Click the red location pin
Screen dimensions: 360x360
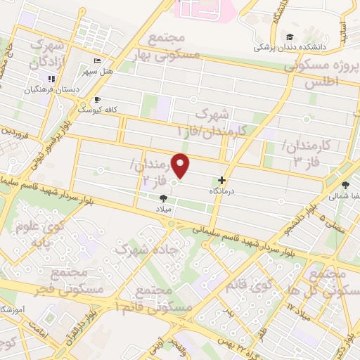point(181,165)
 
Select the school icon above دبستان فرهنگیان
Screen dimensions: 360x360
point(51,79)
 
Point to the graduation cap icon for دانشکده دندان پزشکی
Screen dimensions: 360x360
point(289,37)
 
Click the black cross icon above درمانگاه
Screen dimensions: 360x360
point(222,180)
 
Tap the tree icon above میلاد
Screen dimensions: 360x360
point(164,198)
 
